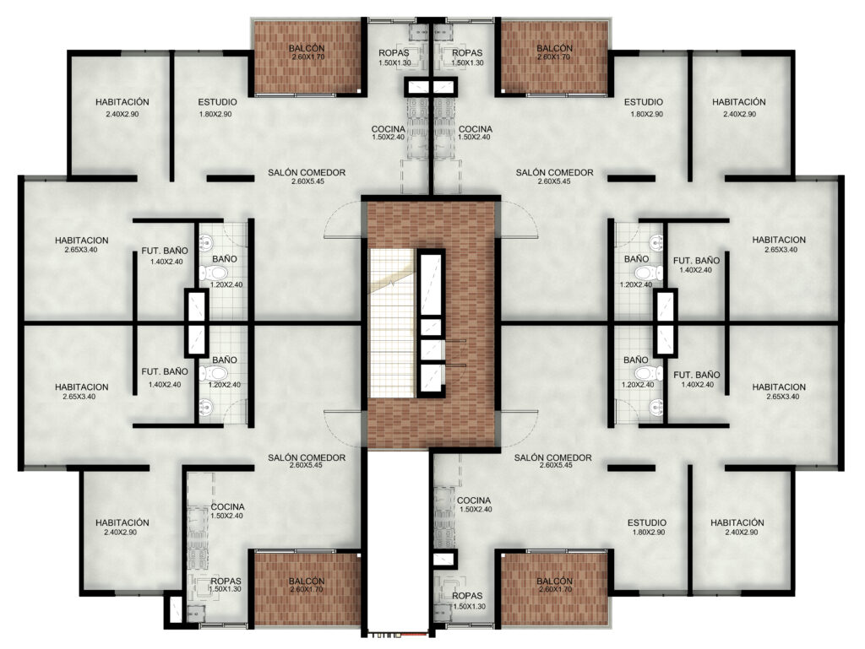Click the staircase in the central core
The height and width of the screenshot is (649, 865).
(x=391, y=323)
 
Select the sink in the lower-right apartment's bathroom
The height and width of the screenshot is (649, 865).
(x=656, y=407)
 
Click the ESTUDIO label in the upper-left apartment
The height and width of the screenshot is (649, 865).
(x=217, y=102)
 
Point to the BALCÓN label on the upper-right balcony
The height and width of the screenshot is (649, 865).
(x=554, y=48)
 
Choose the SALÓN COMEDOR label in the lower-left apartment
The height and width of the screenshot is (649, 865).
(x=307, y=457)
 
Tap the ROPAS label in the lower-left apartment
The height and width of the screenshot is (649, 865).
(x=226, y=581)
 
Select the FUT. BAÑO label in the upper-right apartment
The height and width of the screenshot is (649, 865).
(x=696, y=261)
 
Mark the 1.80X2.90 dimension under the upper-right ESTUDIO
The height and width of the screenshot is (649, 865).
(x=646, y=114)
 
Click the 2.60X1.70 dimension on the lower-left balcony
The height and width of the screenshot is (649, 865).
(x=306, y=589)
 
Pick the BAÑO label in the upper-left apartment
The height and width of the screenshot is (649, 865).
(x=225, y=259)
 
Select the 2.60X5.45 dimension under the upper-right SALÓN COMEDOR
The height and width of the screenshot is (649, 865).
(x=554, y=181)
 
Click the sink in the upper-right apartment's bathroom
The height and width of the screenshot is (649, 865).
(x=656, y=241)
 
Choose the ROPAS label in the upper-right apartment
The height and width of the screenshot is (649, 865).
(x=467, y=53)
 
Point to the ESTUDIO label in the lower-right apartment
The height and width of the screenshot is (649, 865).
(x=646, y=522)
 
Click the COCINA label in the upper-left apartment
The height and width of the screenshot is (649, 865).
(x=389, y=129)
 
